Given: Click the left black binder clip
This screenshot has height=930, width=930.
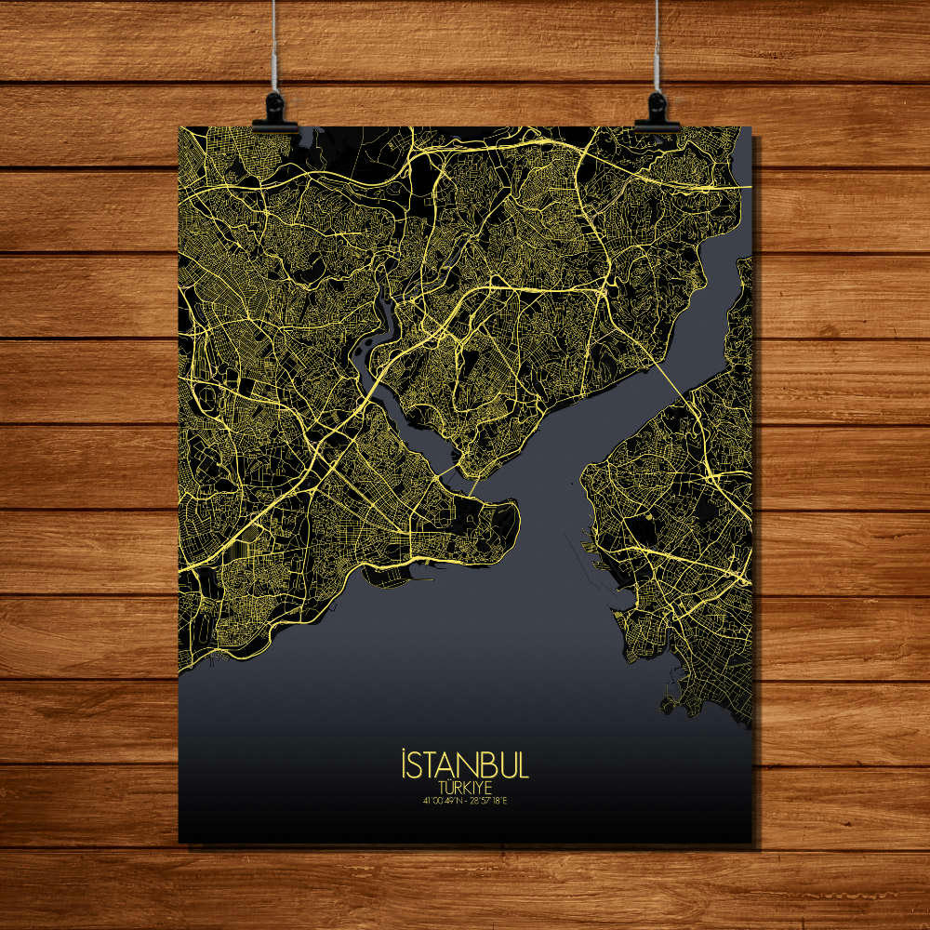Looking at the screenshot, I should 275,113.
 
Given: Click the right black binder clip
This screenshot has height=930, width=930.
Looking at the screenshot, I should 657,112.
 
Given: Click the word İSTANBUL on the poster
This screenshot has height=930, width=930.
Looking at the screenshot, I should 464,766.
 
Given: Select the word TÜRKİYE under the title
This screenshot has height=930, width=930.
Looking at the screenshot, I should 464,787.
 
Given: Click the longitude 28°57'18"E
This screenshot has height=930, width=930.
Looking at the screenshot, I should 489,800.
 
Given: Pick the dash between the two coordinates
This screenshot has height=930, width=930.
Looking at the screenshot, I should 465,800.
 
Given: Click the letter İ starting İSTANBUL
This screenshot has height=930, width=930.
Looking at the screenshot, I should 405,765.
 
